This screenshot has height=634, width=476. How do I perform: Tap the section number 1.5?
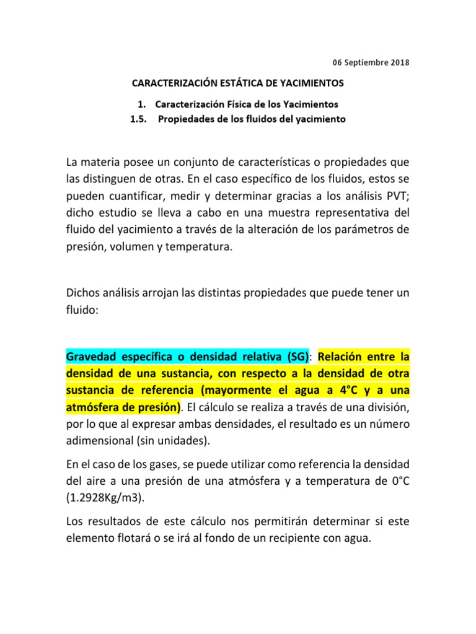tap(137, 119)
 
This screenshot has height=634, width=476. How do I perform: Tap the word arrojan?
tap(167, 292)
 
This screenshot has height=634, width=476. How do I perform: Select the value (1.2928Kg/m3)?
tap(101, 498)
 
